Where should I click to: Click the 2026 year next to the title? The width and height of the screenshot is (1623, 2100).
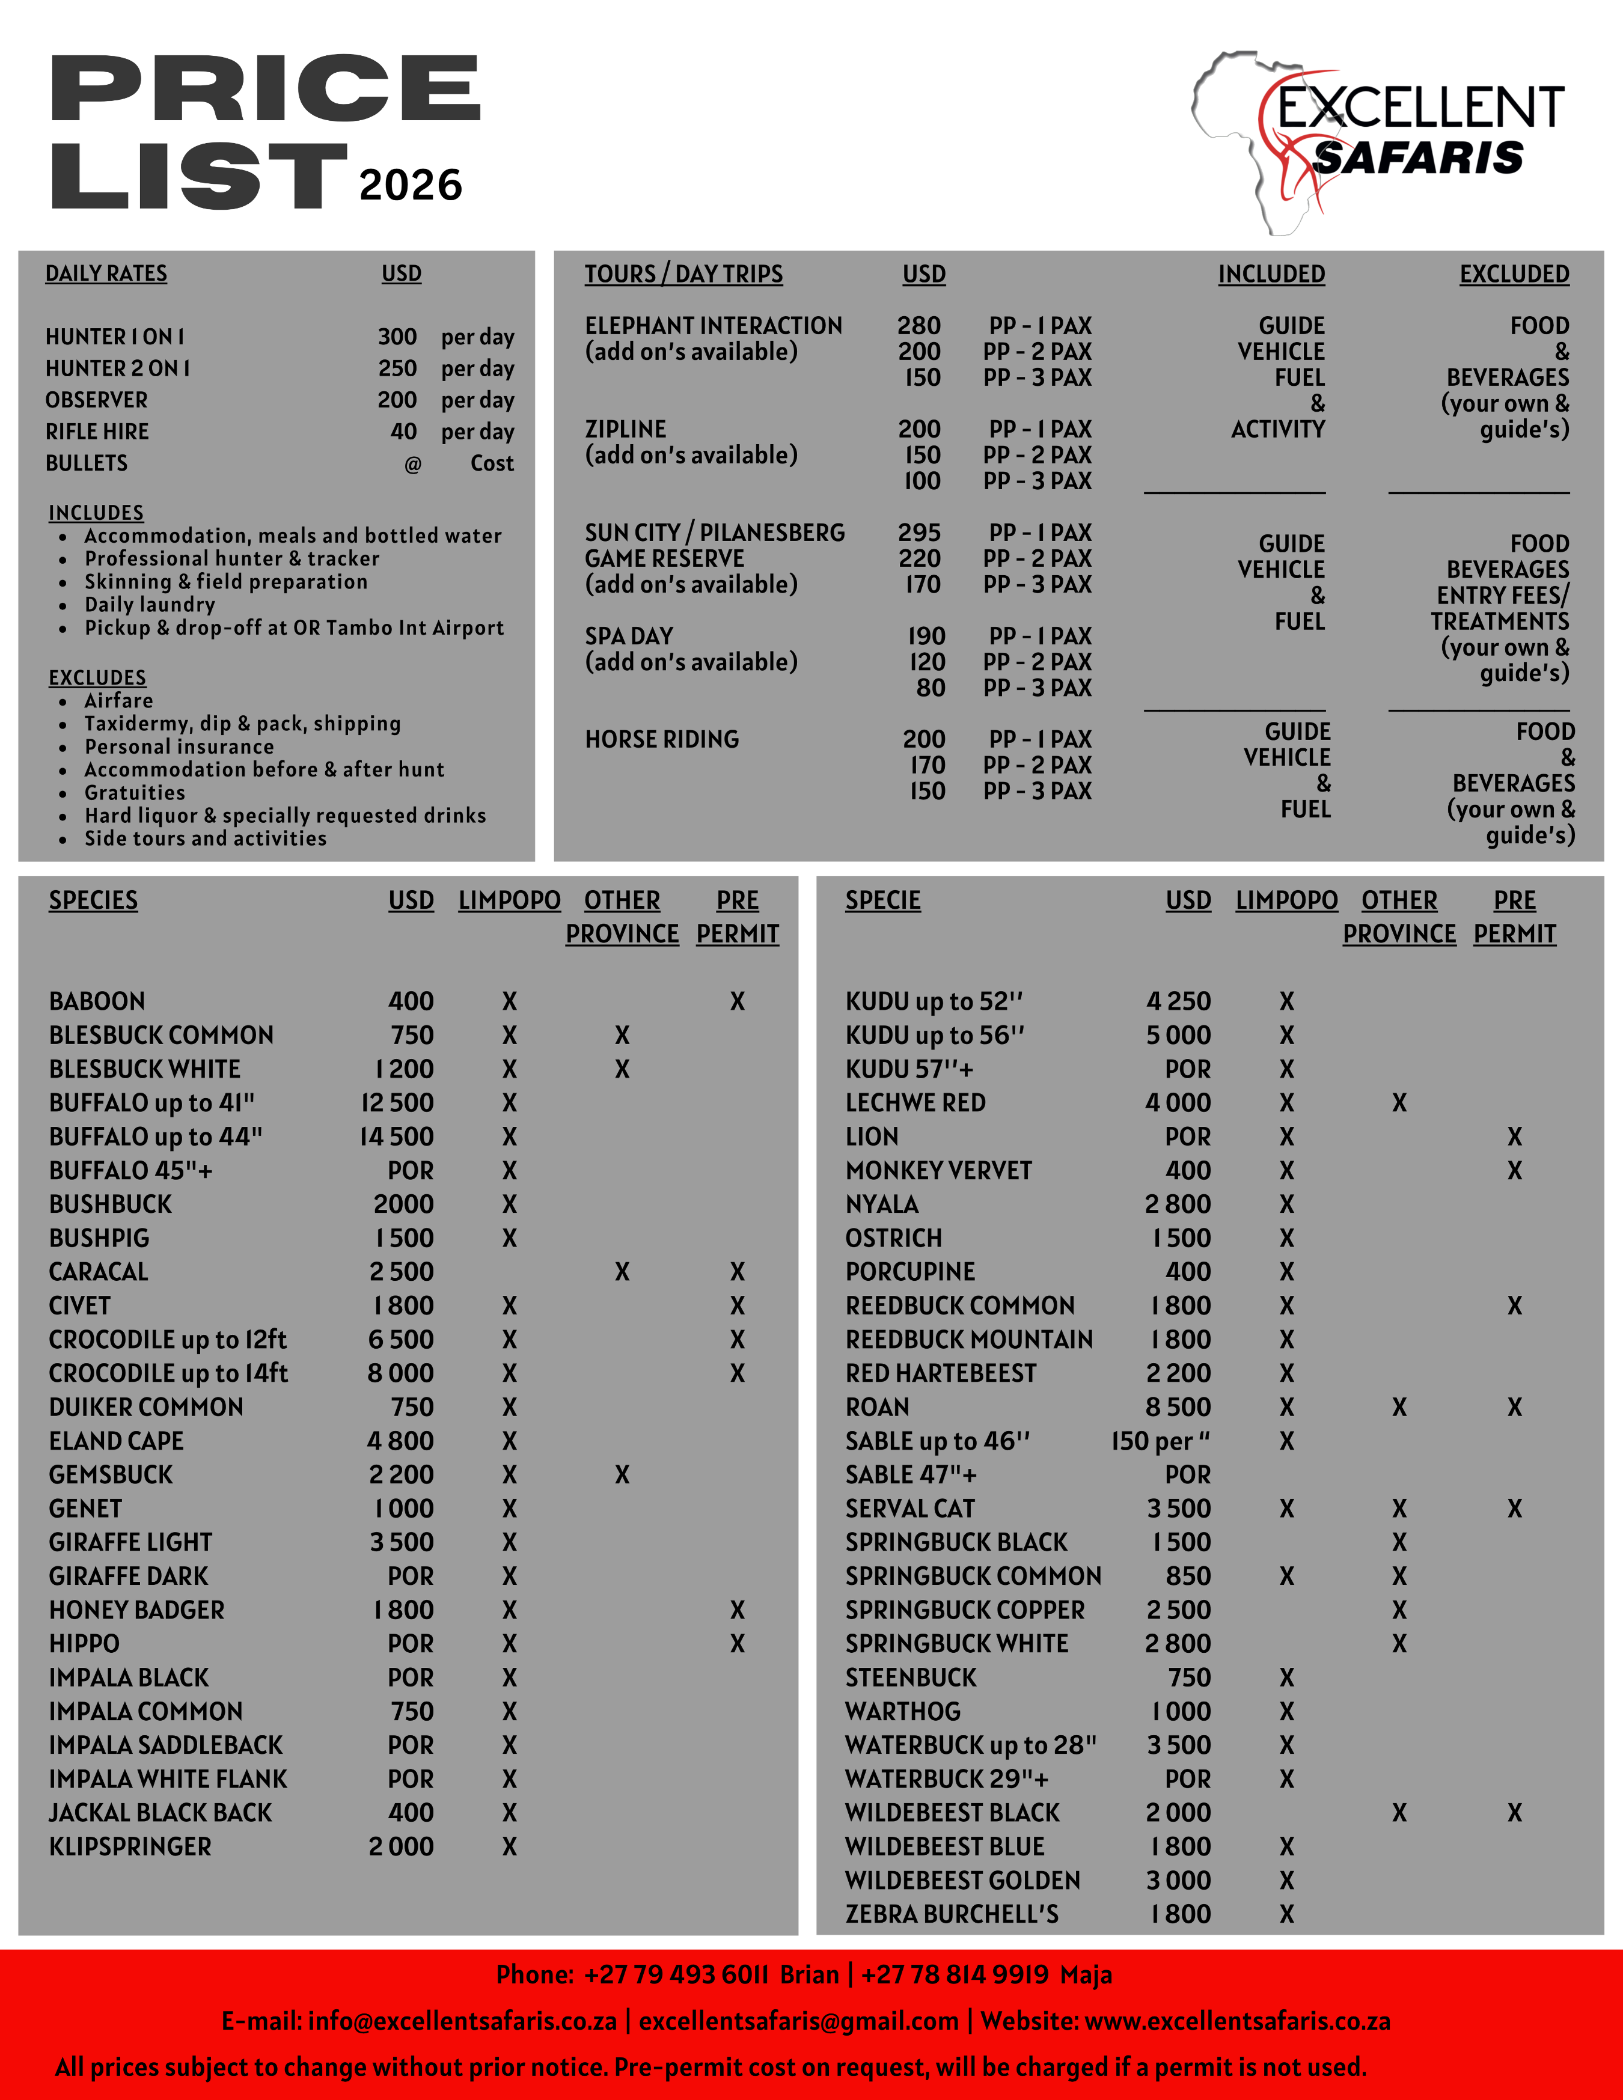click(x=411, y=185)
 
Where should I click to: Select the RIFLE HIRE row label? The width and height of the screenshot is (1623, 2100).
click(x=97, y=432)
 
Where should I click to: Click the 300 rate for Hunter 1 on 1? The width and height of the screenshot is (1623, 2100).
click(x=397, y=337)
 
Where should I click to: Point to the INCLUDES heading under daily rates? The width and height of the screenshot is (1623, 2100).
click(x=96, y=513)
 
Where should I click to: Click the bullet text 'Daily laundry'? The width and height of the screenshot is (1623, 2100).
click(x=150, y=605)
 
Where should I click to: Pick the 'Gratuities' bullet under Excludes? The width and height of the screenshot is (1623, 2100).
click(x=135, y=792)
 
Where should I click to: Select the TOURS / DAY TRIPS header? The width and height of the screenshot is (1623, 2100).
click(x=683, y=274)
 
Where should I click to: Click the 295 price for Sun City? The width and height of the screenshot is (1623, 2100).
click(x=919, y=533)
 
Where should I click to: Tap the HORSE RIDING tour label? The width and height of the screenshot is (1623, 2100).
click(x=661, y=739)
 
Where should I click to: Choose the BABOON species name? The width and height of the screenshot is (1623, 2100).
click(x=97, y=1001)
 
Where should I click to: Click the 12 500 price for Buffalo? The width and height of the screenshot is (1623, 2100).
click(x=397, y=1103)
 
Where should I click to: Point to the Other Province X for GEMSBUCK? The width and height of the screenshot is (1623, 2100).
click(x=622, y=1474)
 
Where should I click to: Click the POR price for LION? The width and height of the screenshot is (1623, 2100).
click(x=1187, y=1137)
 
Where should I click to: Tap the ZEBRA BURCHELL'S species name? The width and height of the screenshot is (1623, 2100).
click(x=951, y=1914)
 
